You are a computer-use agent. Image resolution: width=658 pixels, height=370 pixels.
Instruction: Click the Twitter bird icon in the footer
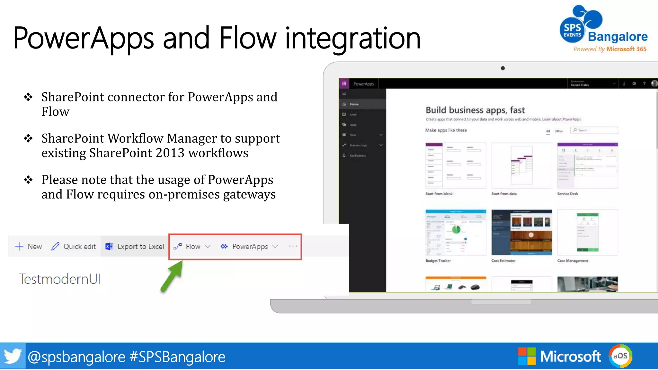13,356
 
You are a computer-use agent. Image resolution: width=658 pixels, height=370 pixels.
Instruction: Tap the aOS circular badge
620,356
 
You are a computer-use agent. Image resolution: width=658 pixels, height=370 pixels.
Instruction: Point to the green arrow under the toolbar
172,276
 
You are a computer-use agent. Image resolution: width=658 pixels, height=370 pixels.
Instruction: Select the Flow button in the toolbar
192,247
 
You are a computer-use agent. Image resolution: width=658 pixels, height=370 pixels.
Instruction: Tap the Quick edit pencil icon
55,246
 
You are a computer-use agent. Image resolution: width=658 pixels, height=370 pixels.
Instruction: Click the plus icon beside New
19,246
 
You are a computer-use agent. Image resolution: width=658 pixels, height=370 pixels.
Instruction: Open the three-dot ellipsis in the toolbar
293,246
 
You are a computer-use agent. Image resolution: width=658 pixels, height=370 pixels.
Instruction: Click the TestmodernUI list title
60,279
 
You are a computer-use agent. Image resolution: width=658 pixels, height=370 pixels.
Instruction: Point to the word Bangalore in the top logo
618,37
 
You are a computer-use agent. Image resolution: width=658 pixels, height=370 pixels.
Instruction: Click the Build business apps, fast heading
475,110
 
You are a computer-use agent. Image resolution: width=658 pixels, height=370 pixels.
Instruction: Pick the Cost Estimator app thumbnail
521,232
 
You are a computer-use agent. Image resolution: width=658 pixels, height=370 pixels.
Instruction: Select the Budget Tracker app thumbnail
456,232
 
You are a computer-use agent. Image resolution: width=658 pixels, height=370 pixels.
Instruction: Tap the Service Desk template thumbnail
587,165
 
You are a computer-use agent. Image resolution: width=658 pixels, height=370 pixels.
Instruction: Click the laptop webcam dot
503,68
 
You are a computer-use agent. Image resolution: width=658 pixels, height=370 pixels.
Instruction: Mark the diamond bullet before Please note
28,180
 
